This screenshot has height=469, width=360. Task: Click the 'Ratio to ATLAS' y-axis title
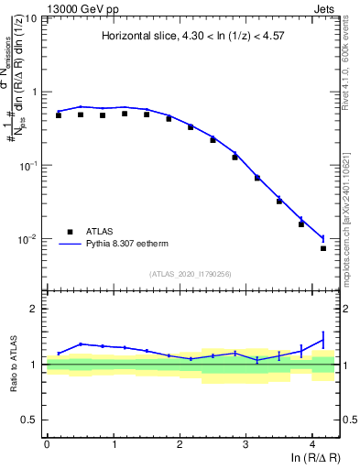tap(15, 364)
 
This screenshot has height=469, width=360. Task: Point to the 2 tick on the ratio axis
tap(38, 309)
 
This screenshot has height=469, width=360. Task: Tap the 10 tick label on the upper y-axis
tap(31, 18)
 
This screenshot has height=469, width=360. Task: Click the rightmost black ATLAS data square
tap(323, 248)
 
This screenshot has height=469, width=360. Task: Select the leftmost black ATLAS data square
tap(58, 115)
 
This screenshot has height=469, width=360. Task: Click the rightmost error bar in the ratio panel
tap(322, 341)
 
